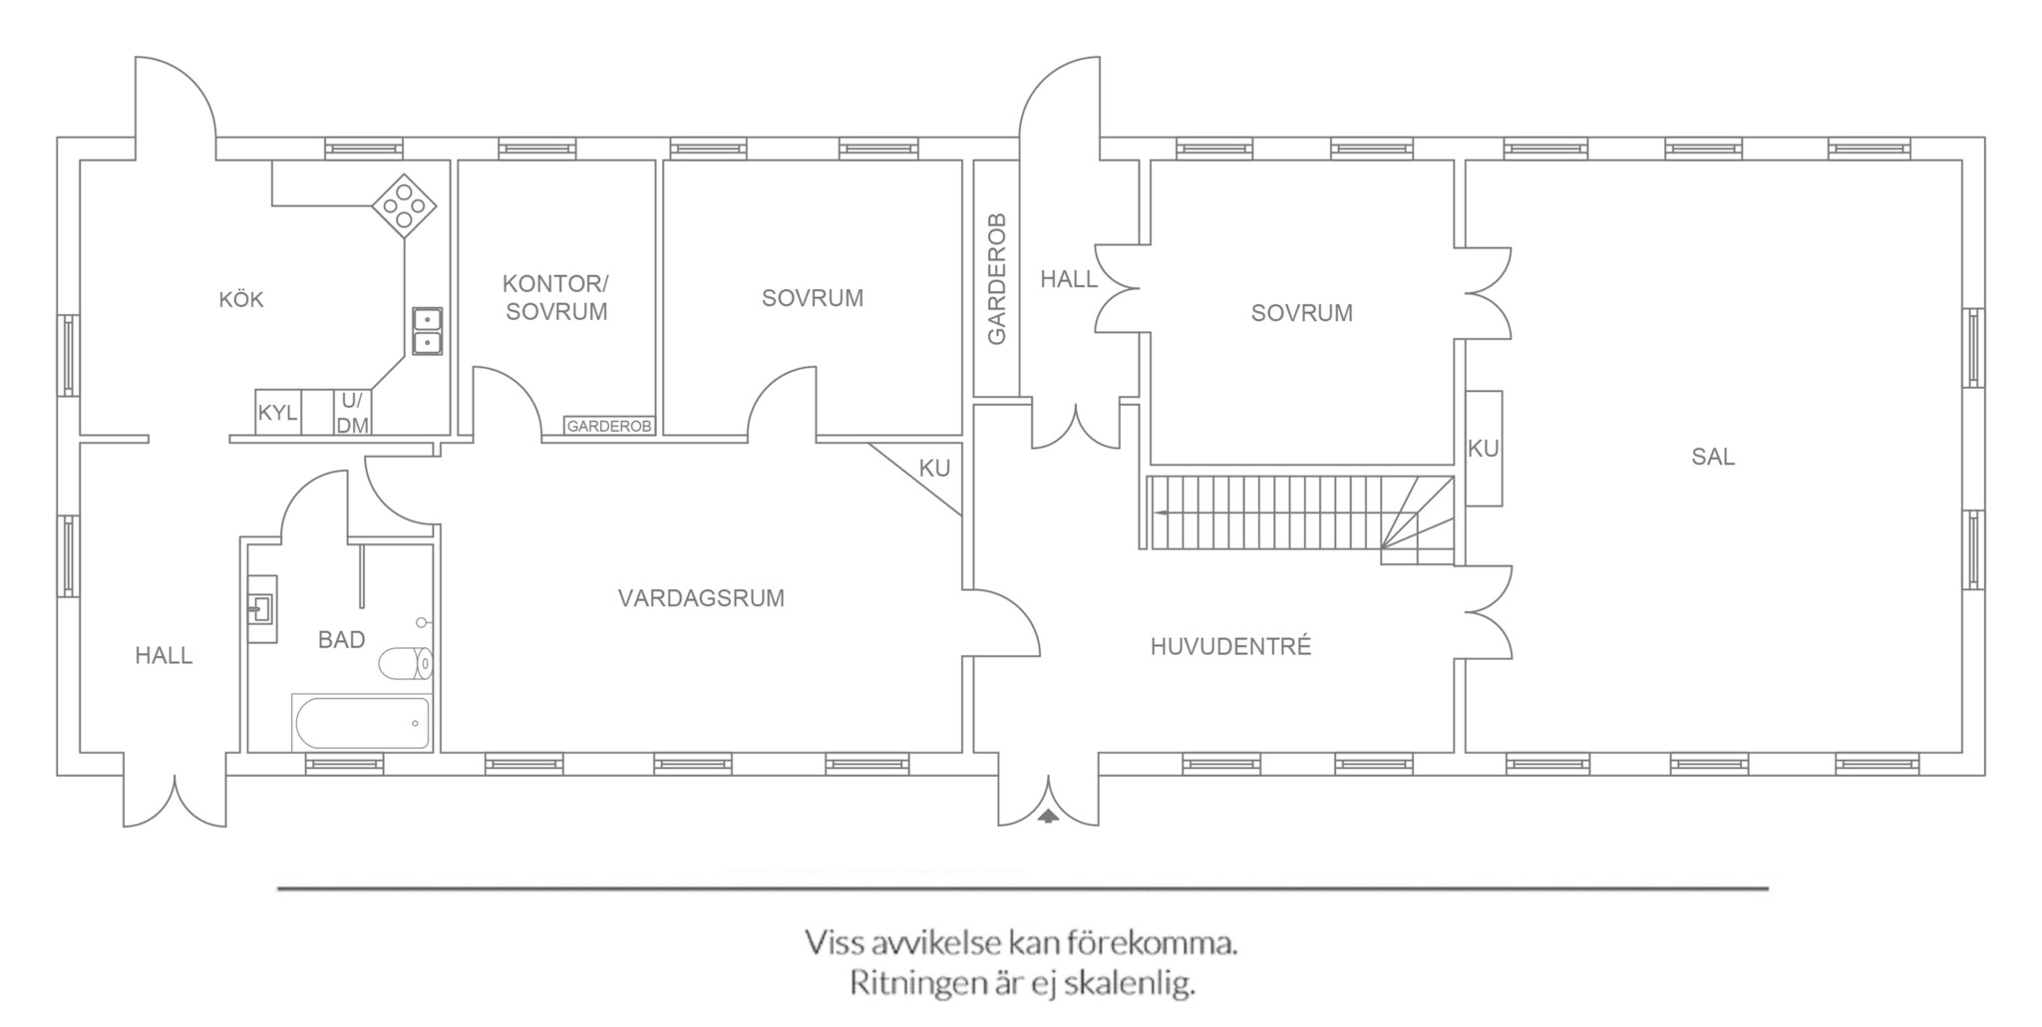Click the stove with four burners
(405, 206)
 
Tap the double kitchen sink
(428, 331)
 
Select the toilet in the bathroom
(407, 663)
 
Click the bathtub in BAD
(362, 722)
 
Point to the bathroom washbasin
(262, 607)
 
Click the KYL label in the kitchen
(277, 413)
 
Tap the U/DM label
(352, 413)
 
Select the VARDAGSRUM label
(701, 598)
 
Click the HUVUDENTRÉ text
(1230, 646)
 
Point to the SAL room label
(1713, 457)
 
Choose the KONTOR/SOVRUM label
(556, 298)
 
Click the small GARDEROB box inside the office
(608, 426)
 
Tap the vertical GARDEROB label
(996, 279)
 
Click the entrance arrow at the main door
(1048, 816)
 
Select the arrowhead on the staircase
(1163, 513)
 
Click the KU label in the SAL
(1484, 449)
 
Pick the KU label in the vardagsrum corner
(934, 468)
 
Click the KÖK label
(241, 299)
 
